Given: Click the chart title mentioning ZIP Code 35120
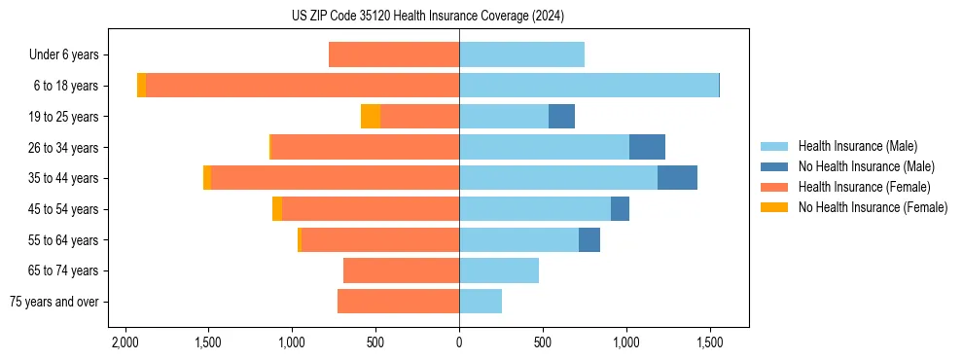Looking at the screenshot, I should point(427,17).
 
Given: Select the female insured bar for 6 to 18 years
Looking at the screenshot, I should point(302,86).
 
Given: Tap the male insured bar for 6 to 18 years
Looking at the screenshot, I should point(588,86).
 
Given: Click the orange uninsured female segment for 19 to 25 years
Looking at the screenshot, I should point(371,117).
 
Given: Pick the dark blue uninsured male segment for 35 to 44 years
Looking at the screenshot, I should point(677,178).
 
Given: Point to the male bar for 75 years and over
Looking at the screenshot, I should point(481,302).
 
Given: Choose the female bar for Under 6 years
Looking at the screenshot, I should point(394,54).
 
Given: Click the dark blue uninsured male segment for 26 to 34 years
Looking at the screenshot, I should point(647,147).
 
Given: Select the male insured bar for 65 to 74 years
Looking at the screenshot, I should point(499,270).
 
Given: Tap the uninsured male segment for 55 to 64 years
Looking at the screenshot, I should point(589,239).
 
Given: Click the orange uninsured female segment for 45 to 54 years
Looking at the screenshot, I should point(277,209).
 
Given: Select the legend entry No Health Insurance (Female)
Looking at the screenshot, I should point(873,207).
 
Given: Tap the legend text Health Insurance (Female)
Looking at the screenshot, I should point(864,187).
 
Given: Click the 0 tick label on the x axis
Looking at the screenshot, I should point(459,342).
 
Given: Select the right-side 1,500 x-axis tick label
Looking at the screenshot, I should point(709,342).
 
